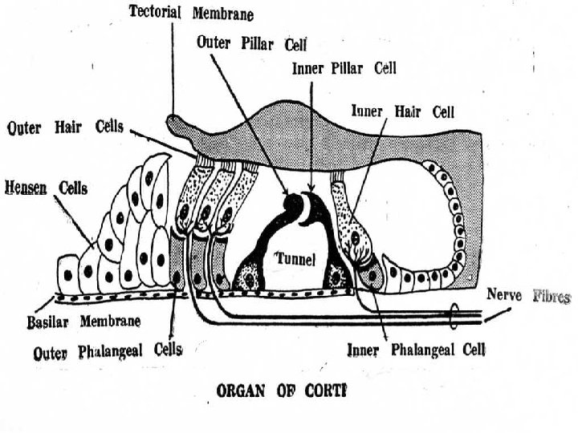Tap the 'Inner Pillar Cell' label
coord(343,68)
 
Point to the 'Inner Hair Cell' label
coord(404,111)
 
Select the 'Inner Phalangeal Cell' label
coord(416,350)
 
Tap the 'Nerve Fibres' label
coord(528,297)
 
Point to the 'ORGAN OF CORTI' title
coord(280,391)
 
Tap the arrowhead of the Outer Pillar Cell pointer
coord(287,192)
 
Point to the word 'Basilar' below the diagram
coord(38,322)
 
